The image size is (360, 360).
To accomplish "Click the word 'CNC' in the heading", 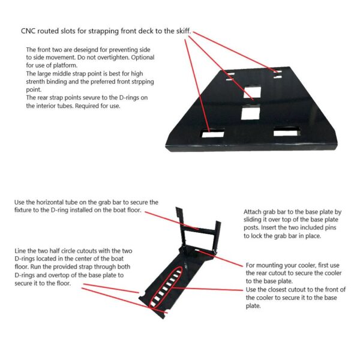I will click(x=29, y=32).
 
